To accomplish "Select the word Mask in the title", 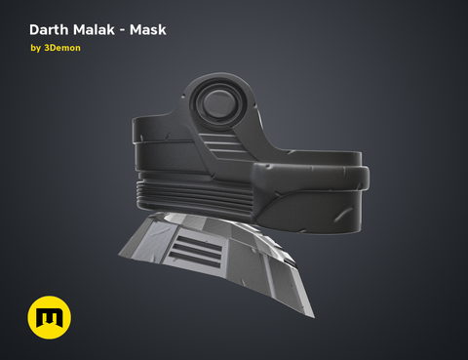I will point(148,29).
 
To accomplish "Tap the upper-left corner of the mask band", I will point(137,121).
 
